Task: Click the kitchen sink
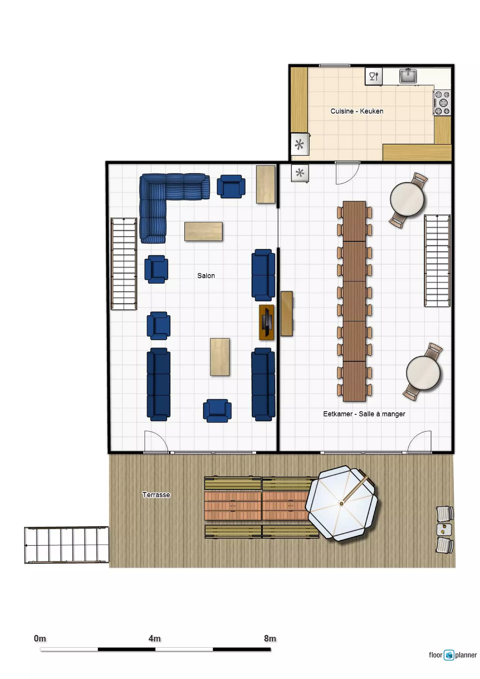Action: pyautogui.click(x=408, y=76)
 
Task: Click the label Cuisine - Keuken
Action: pyautogui.click(x=357, y=111)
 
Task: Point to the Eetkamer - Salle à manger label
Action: pyautogui.click(x=364, y=414)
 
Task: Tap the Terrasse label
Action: pyautogui.click(x=156, y=495)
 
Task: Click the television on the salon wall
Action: pyautogui.click(x=266, y=322)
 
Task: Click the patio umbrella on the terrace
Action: pyautogui.click(x=341, y=503)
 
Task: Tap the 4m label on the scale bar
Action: pyautogui.click(x=154, y=638)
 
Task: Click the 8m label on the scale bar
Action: pyautogui.click(x=270, y=638)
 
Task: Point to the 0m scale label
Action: pyautogui.click(x=40, y=638)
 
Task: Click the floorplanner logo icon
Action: pyautogui.click(x=449, y=655)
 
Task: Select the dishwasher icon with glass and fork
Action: pyautogui.click(x=374, y=76)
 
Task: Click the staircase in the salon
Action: pyautogui.click(x=124, y=264)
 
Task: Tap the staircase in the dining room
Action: pyautogui.click(x=437, y=261)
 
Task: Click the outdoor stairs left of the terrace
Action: pyautogui.click(x=67, y=545)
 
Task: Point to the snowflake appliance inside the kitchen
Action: pyautogui.click(x=300, y=144)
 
